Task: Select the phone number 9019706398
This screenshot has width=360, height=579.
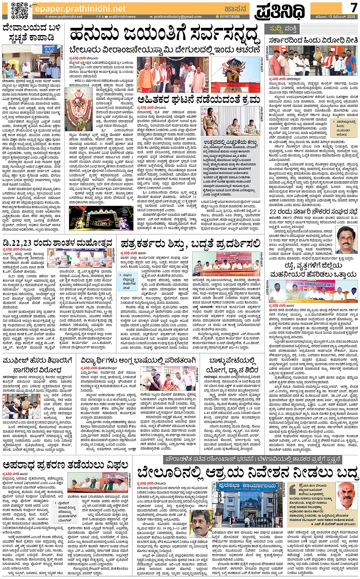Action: (x=229, y=17)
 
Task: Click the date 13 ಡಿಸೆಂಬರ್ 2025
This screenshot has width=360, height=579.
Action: (x=335, y=17)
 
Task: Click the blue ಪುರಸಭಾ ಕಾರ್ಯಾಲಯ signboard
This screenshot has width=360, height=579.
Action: (x=247, y=486)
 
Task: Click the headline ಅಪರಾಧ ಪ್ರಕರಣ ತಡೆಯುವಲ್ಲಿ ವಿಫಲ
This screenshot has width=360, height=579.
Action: (x=66, y=465)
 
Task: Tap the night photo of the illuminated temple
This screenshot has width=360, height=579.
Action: (x=101, y=218)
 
